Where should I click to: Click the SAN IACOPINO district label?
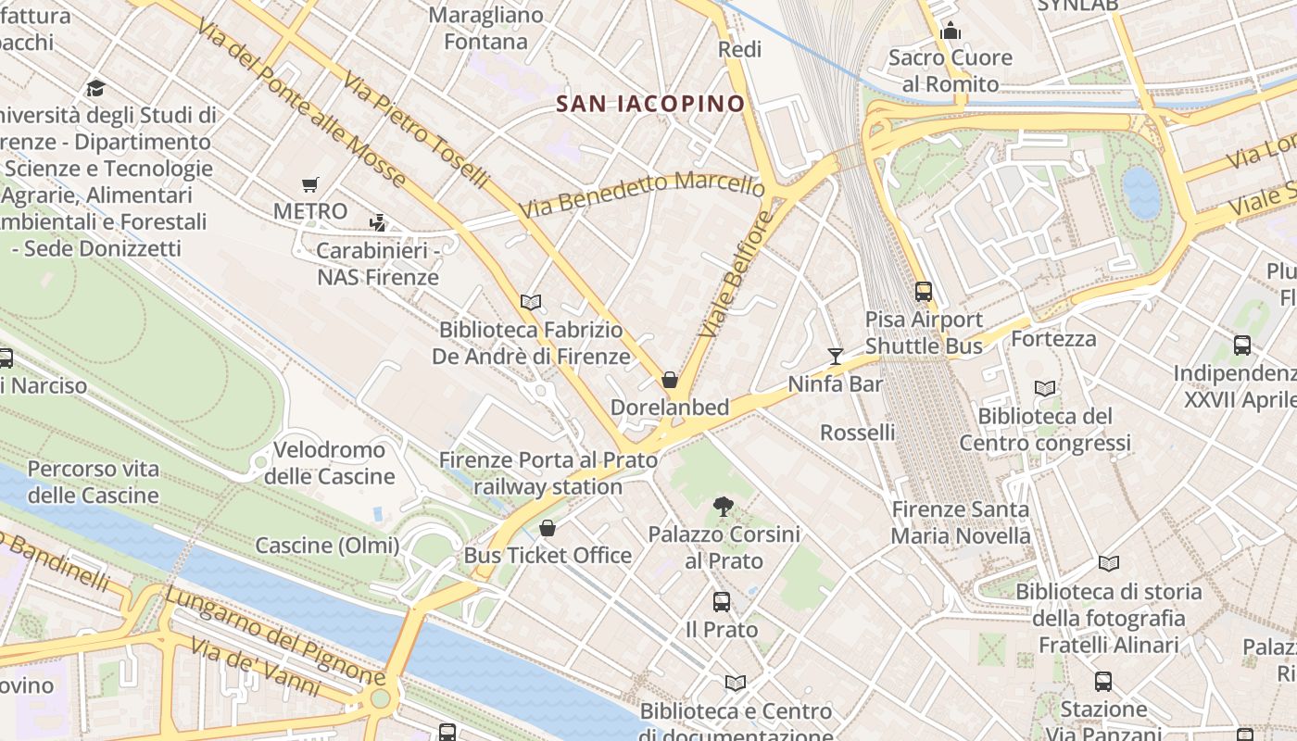click(651, 103)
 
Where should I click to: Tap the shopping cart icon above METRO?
click(310, 185)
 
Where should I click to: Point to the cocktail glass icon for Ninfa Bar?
click(836, 357)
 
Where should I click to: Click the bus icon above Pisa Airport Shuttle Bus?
click(924, 292)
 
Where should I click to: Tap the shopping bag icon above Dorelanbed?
click(670, 380)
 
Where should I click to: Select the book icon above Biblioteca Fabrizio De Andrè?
click(531, 302)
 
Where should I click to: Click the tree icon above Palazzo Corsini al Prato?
click(724, 506)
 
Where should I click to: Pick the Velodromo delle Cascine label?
click(329, 463)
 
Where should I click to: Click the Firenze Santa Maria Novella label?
click(961, 522)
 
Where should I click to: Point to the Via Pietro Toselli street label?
click(414, 130)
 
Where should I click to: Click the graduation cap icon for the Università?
click(95, 88)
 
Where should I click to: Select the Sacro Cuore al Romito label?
click(951, 70)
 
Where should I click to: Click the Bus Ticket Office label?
click(548, 556)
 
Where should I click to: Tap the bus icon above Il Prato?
click(722, 602)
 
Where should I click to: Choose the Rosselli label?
click(858, 433)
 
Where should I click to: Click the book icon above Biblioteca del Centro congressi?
click(1045, 389)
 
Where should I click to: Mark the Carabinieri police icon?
click(377, 222)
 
